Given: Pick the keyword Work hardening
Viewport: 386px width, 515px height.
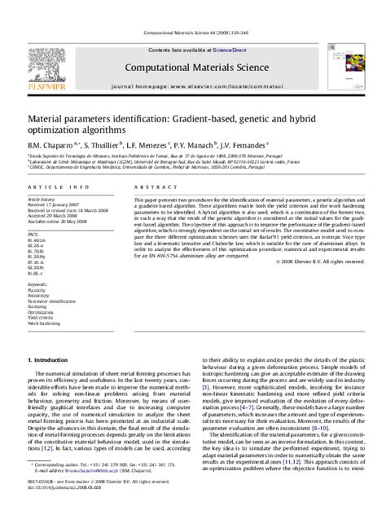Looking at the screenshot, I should [44, 306].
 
